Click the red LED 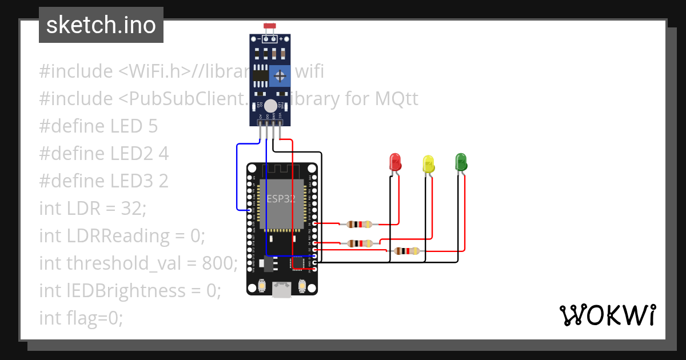click(394, 162)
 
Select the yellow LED click(428, 164)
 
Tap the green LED click(461, 162)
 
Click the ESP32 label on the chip click(281, 199)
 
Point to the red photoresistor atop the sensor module click(269, 26)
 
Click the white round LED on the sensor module click(270, 106)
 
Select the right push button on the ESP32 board click(302, 285)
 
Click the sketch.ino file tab click(101, 25)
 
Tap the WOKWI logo click(607, 315)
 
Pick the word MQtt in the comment click(396, 99)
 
